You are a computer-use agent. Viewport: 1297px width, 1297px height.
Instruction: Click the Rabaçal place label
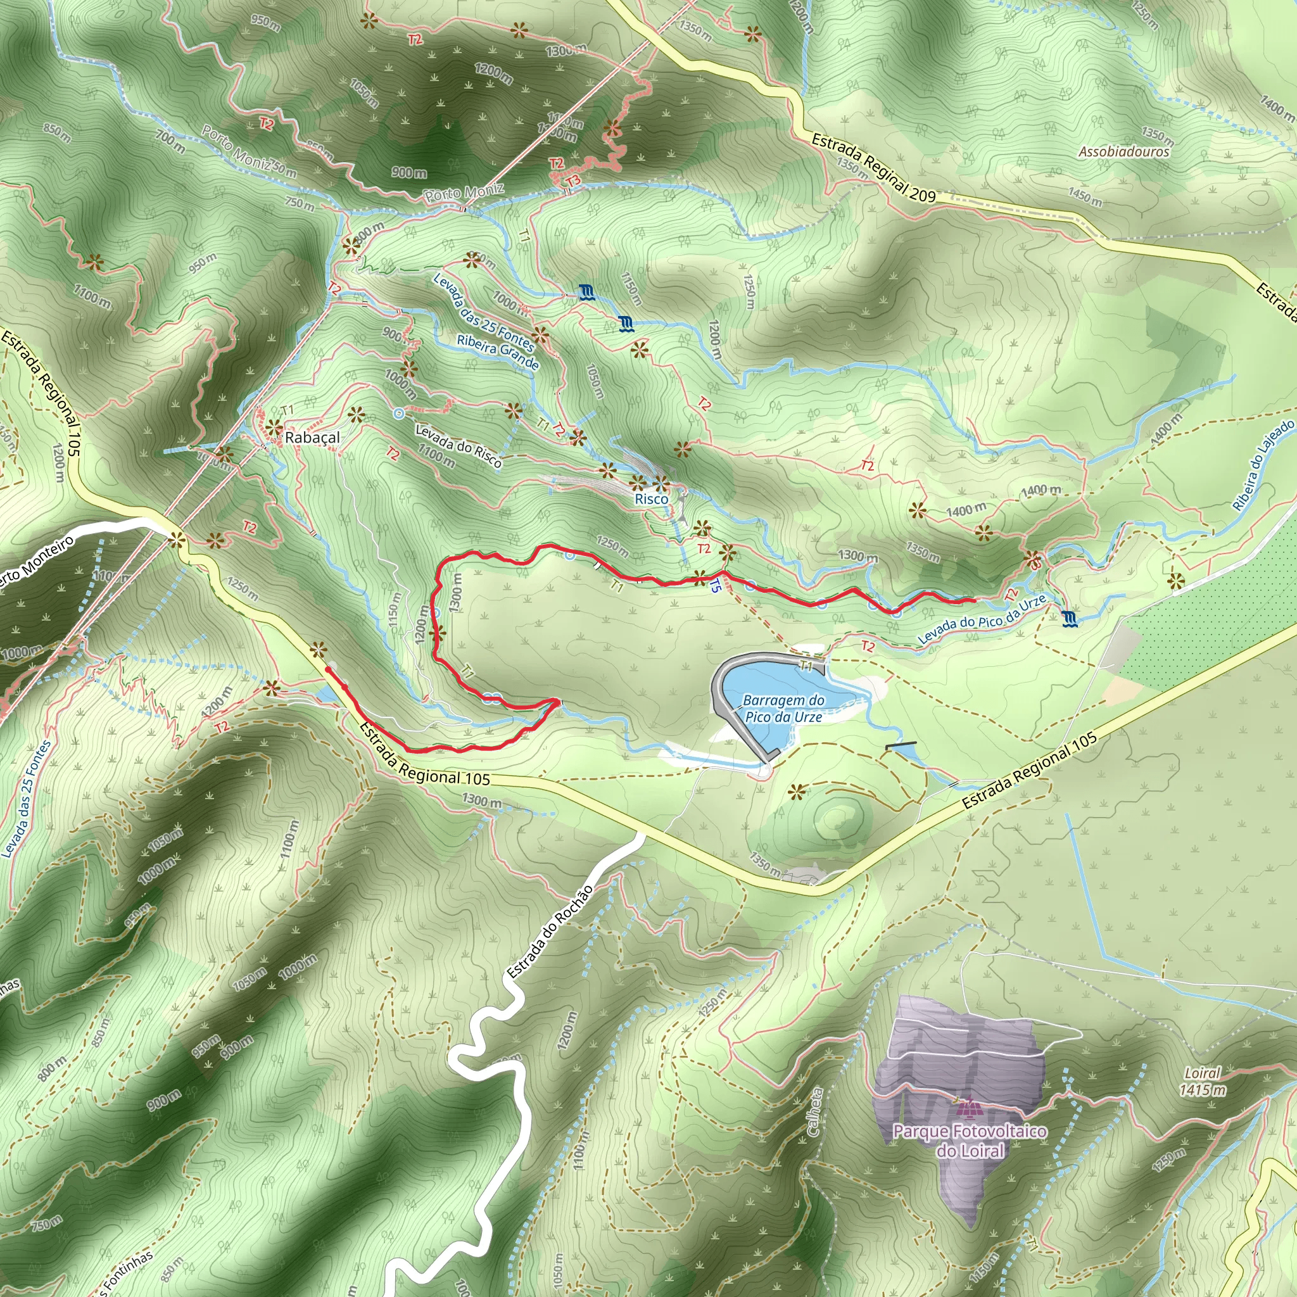pyautogui.click(x=312, y=438)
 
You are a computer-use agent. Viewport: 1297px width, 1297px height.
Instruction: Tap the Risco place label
pyautogui.click(x=651, y=499)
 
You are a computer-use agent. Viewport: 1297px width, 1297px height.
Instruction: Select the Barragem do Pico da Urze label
pyautogui.click(x=783, y=708)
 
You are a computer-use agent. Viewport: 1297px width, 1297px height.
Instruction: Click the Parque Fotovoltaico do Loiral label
pyautogui.click(x=970, y=1141)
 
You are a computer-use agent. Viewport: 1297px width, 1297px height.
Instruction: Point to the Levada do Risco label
pyautogui.click(x=458, y=445)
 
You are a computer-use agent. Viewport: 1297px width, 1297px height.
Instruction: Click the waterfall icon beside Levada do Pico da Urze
pyautogui.click(x=1070, y=617)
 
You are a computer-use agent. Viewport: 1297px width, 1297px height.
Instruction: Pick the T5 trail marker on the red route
pyautogui.click(x=715, y=586)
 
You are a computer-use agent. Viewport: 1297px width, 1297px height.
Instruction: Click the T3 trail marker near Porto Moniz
pyautogui.click(x=573, y=181)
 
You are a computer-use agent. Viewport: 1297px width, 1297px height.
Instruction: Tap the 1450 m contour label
pyautogui.click(x=1085, y=196)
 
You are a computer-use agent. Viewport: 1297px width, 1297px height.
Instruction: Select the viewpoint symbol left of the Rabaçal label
pyautogui.click(x=273, y=427)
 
